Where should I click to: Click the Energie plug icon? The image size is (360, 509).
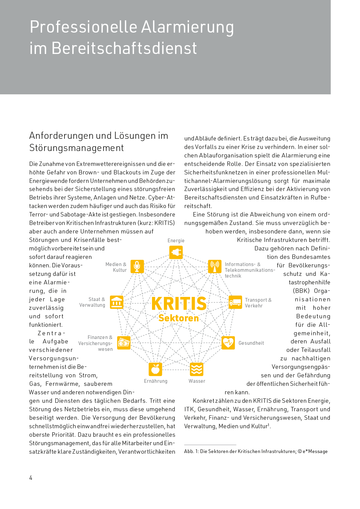point(176,252)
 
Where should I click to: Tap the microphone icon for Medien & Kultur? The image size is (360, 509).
point(137,266)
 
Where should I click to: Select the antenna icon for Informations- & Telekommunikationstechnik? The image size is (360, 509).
point(214,266)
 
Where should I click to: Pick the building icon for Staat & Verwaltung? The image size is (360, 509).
point(117,302)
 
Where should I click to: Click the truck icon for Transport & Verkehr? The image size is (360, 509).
point(235,302)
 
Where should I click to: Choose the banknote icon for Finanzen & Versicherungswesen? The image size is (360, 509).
point(124,343)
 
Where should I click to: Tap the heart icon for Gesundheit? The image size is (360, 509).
point(228,343)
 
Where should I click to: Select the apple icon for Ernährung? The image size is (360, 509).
point(155,369)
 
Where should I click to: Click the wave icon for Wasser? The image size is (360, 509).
point(196,369)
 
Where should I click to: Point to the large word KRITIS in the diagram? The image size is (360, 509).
point(179,304)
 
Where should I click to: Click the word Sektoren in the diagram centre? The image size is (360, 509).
point(179,318)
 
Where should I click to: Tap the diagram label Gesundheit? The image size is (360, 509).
point(251,343)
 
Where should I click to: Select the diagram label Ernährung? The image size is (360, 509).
point(155,381)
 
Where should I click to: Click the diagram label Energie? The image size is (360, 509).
point(176,241)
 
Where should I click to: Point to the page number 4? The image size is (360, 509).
point(31,478)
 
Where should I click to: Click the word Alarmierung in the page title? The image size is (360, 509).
point(187,27)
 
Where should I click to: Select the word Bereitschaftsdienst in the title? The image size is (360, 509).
point(124,48)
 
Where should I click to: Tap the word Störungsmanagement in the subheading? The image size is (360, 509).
point(76,148)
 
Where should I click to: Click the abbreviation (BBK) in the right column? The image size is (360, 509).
point(301,291)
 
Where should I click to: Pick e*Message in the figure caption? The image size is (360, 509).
point(315,451)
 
